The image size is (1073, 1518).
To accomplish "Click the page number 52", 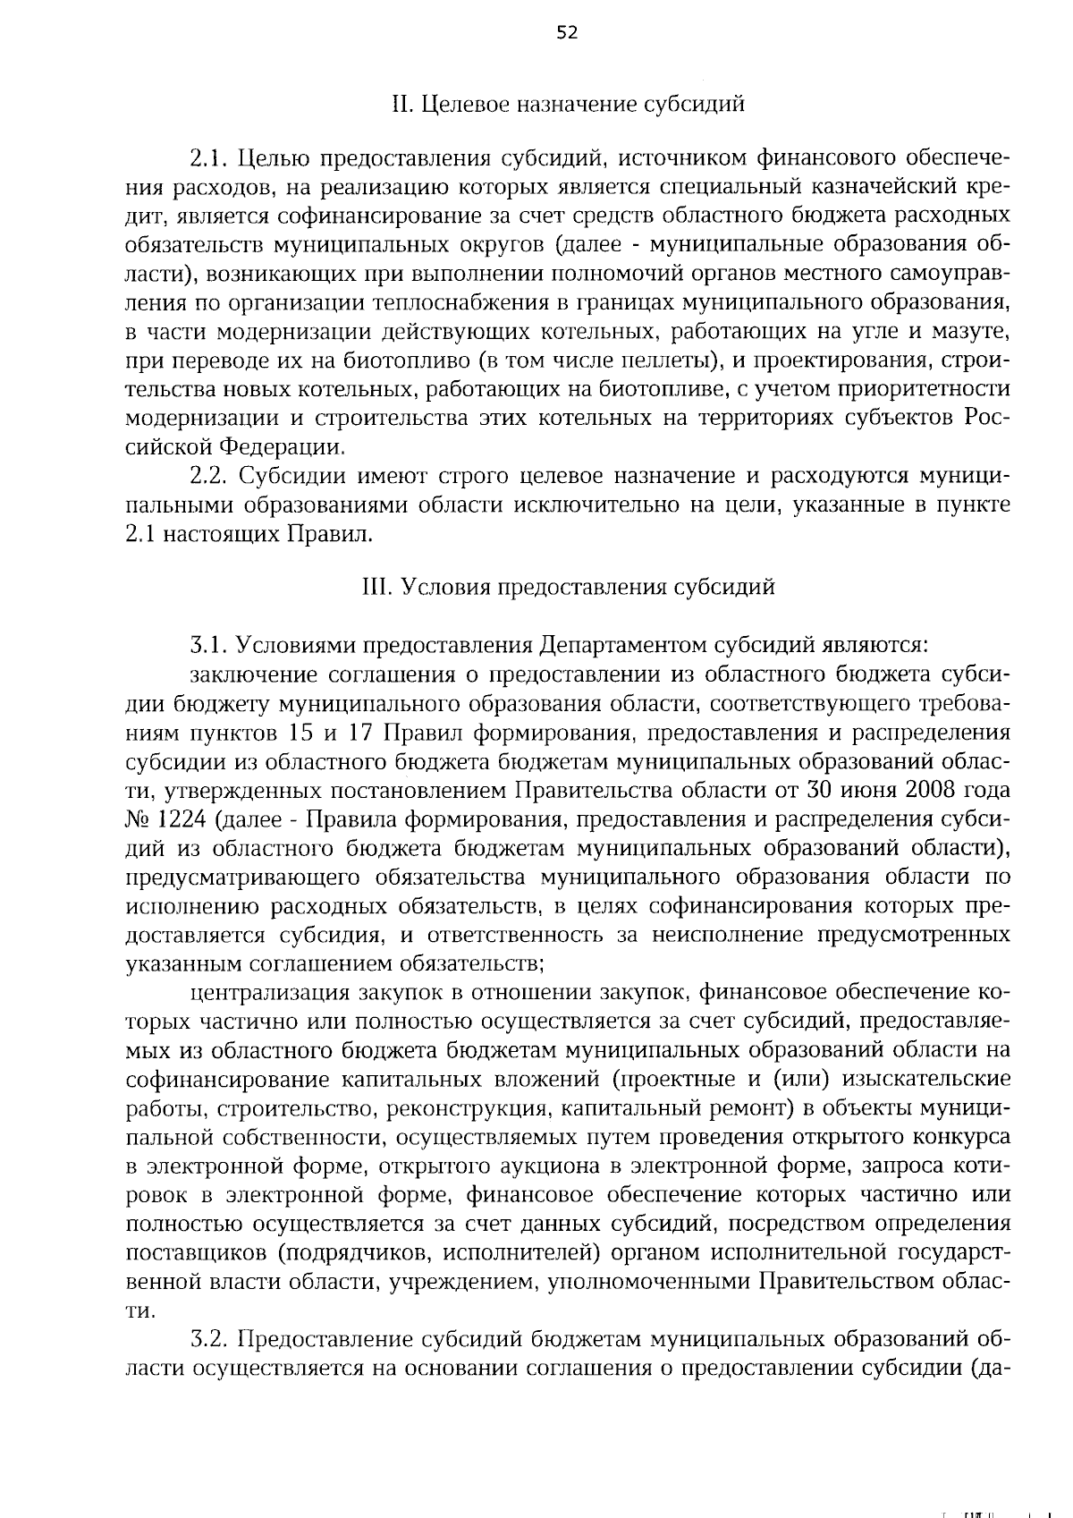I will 567,33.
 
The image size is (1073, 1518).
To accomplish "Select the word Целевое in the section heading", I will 460,105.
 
